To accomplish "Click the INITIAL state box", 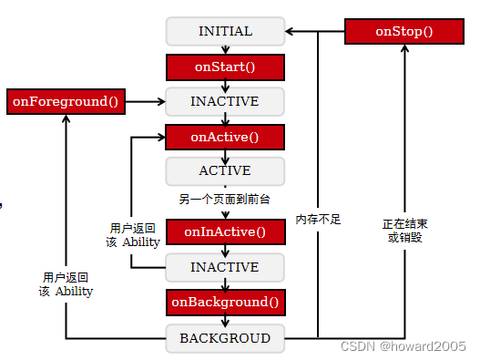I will coord(225,31).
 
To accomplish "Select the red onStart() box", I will coord(225,67).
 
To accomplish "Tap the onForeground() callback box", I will coord(66,101).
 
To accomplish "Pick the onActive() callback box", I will coord(225,137).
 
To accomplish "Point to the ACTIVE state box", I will coord(225,170).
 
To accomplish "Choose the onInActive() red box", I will coord(225,232).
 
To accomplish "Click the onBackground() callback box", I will coord(225,302).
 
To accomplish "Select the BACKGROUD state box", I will coord(225,338).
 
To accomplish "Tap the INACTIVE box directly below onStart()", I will coord(225,101).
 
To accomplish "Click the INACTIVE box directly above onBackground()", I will coord(225,267).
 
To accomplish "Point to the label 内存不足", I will coord(318,220).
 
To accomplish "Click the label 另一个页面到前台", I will coord(224,199).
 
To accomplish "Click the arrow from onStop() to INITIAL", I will coord(314,32).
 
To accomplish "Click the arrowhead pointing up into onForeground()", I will coord(66,118).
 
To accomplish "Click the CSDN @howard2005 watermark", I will coord(403,347).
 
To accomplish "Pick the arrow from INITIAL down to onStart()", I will coord(225,49).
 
